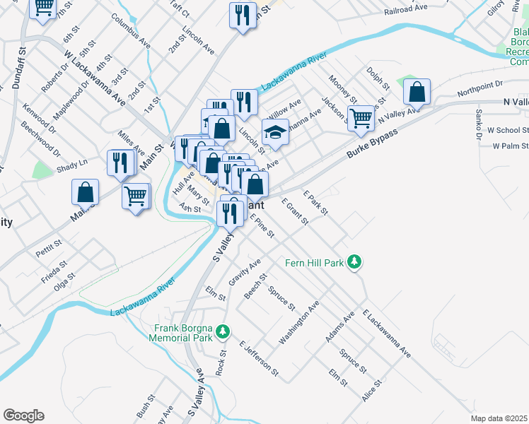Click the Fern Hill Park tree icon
(354, 263)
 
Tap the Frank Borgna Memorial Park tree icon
(223, 331)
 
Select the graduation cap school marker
(275, 131)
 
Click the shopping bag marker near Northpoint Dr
(417, 91)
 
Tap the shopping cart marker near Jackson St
(361, 117)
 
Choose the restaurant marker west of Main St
(120, 163)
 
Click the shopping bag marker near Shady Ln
(85, 192)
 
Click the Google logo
(23, 416)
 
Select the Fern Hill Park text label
(314, 263)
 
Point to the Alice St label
(372, 391)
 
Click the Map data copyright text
(499, 418)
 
